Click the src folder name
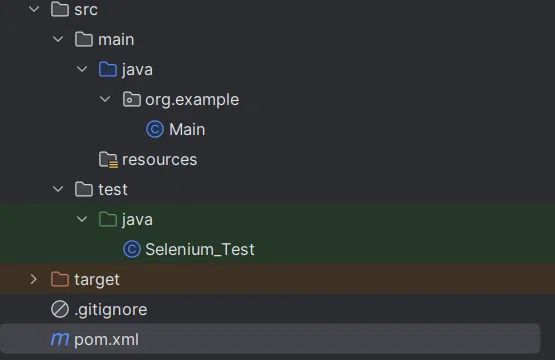coord(86,10)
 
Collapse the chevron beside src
coord(35,10)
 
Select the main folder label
coord(116,40)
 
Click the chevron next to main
coord(59,40)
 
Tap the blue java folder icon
coord(108,70)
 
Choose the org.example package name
coord(192,100)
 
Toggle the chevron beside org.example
coord(106,100)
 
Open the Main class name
coord(187,130)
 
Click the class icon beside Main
coord(155,130)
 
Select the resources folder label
coord(159,160)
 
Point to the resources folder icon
coord(108,160)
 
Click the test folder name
coord(113,190)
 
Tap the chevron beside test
coord(59,190)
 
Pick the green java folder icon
coord(108,220)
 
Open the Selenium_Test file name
coord(200,250)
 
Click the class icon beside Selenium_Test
coord(131,250)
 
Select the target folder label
coord(97,280)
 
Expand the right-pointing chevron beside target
coord(34,280)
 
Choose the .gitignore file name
coord(110,310)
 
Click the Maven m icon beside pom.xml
coord(60,340)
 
